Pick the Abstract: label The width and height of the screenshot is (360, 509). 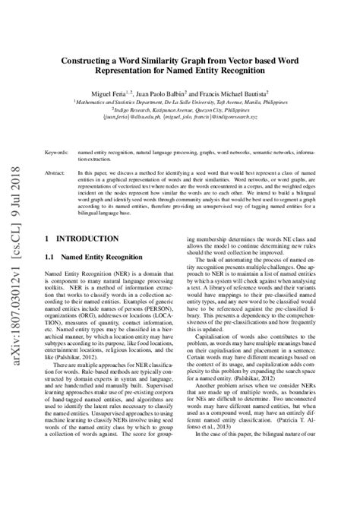tap(55, 173)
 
